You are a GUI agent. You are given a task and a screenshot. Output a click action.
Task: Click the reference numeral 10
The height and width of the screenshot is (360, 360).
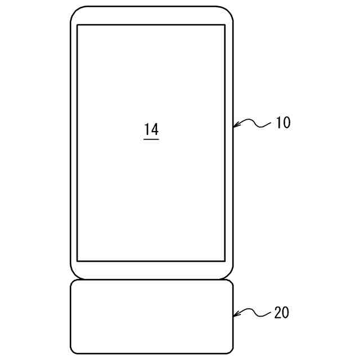[283, 123]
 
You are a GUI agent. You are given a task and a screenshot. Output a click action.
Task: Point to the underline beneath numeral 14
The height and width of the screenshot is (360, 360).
[151, 138]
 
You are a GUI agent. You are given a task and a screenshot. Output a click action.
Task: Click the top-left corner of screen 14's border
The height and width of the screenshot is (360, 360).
[77, 25]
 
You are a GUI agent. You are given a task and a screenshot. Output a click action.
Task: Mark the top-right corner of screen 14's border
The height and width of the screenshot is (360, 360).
[225, 25]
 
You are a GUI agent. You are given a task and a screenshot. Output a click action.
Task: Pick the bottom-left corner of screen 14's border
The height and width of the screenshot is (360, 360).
[77, 261]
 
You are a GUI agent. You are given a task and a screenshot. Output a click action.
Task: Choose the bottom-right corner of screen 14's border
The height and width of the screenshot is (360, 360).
[225, 261]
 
